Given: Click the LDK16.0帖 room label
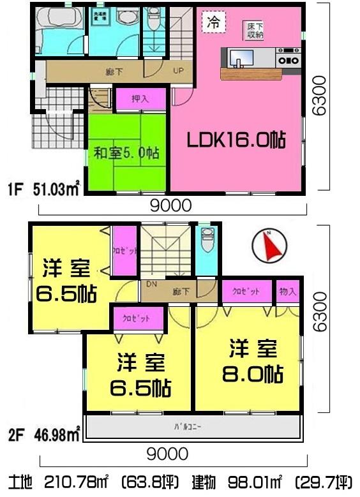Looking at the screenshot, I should tap(236, 141).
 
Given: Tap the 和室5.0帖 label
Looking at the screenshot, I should tap(126, 153).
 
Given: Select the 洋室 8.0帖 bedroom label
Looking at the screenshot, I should tap(253, 361).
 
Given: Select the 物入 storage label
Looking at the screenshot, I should tap(288, 292).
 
